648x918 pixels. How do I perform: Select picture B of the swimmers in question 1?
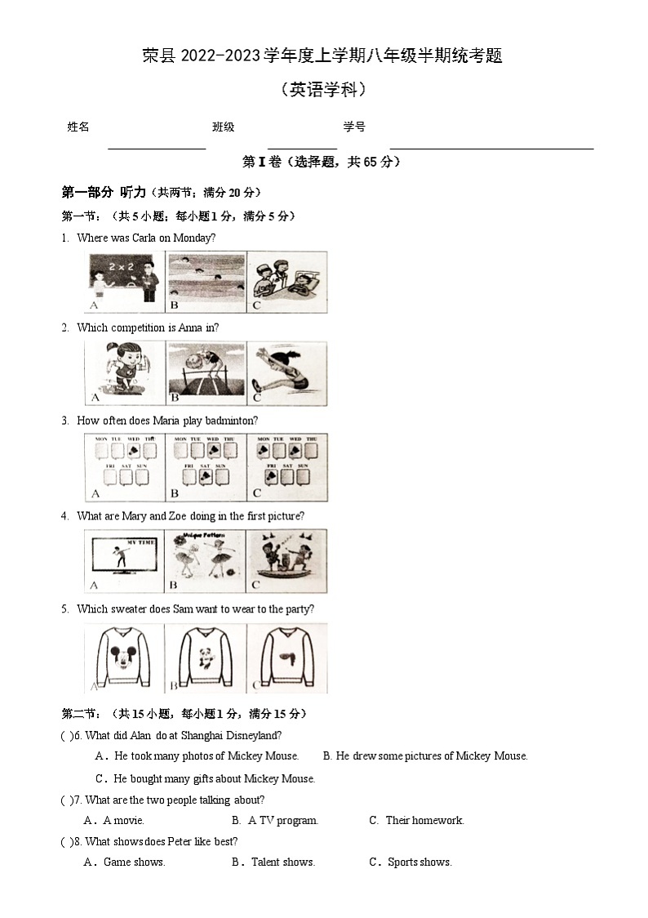pos(206,281)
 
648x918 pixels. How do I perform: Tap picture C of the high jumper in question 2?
pos(286,373)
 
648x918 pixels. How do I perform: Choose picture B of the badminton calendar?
pos(206,466)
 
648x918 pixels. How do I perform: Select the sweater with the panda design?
pos(206,657)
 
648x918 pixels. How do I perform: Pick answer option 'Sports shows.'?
pos(419,862)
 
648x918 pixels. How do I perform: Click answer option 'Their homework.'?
pos(424,820)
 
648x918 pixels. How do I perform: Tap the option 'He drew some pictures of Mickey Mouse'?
pos(431,756)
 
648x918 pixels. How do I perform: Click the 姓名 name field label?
pos(78,127)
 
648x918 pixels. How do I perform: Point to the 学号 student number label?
pos(354,127)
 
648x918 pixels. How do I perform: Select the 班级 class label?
pos(224,127)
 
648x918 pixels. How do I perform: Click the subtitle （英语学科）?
pos(323,90)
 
